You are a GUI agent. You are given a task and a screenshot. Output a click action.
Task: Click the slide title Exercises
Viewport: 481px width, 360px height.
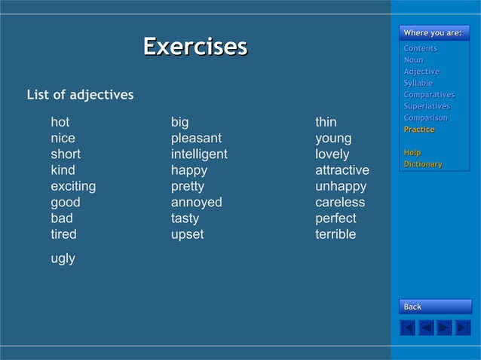195,47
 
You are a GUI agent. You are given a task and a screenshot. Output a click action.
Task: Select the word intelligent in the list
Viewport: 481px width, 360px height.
199,154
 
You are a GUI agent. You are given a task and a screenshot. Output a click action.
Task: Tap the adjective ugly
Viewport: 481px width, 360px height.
63,258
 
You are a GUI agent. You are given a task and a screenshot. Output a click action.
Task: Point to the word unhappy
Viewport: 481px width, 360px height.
341,186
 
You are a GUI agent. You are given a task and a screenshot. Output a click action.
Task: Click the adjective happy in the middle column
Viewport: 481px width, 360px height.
188,170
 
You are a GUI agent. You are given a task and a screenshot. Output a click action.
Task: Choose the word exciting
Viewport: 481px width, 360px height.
73,186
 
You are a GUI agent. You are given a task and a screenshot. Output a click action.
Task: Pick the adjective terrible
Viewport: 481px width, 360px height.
335,234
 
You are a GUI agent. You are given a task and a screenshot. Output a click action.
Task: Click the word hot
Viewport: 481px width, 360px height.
60,122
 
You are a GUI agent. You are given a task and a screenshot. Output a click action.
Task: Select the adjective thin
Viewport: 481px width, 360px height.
326,122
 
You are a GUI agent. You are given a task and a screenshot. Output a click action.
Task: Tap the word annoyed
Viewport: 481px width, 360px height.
196,203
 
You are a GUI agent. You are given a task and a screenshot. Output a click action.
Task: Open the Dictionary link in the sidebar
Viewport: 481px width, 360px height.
423,164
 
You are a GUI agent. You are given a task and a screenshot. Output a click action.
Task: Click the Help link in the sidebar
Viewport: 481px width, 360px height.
412,153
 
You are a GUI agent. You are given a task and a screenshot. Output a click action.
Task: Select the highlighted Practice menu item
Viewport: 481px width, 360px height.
419,130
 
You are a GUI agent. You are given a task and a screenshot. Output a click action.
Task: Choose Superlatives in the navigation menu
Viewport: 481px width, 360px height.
427,106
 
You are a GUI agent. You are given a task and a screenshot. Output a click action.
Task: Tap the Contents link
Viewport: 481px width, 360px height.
420,48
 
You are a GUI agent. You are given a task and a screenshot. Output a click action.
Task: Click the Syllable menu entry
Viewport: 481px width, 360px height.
418,83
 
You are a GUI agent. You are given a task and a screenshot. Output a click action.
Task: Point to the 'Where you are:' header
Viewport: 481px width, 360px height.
433,32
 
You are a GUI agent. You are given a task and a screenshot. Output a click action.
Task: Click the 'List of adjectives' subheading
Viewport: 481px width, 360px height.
80,95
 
